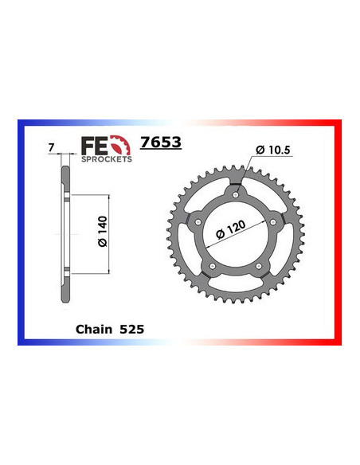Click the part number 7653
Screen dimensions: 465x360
[x=159, y=143]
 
